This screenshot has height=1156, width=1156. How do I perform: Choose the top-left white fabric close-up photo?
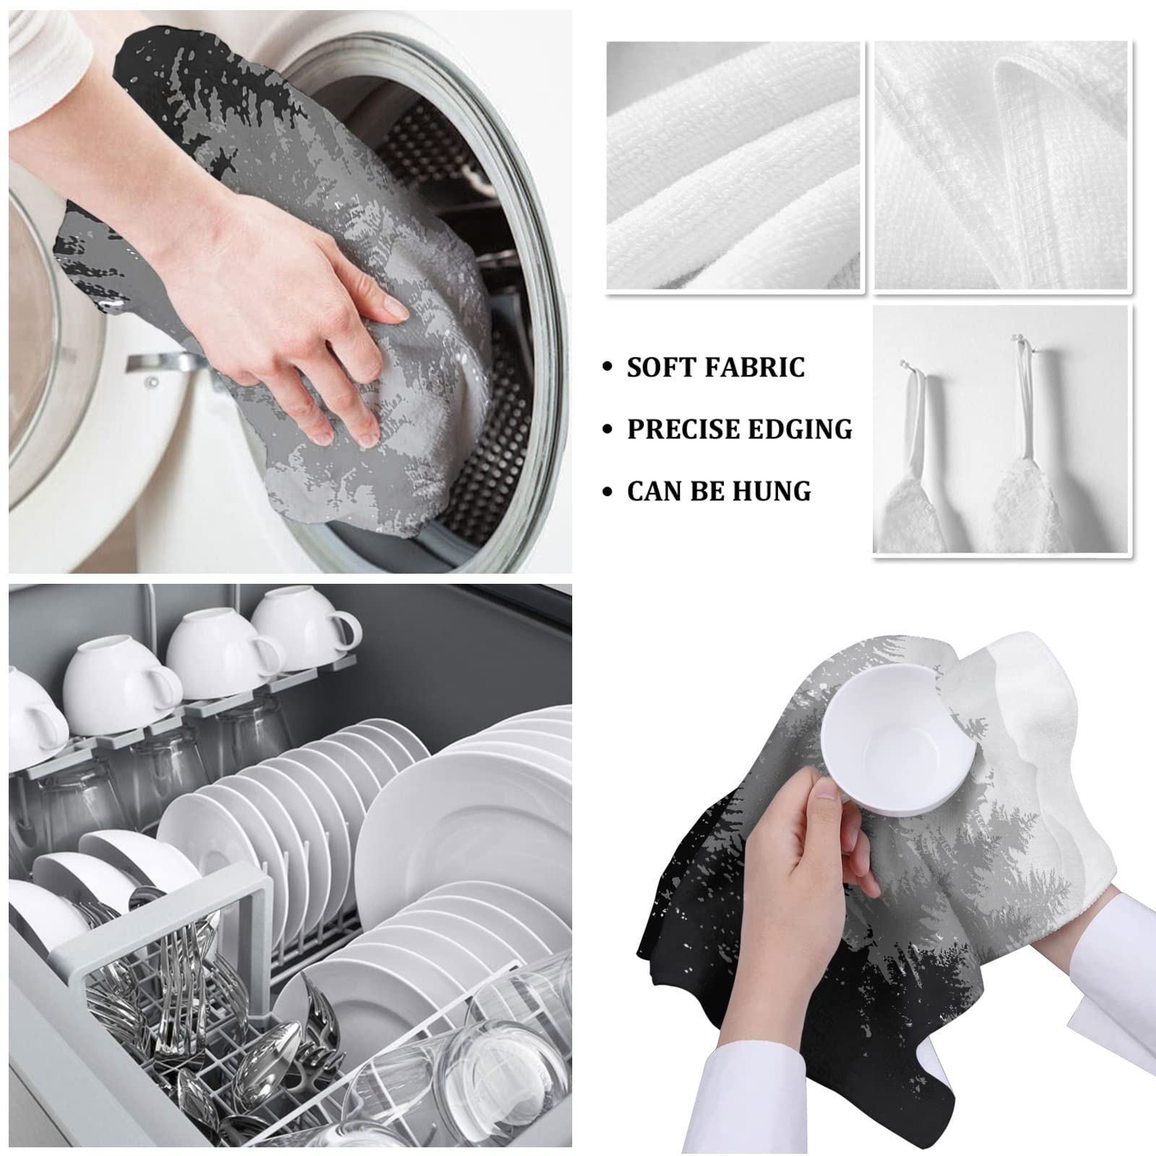pos(733,166)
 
